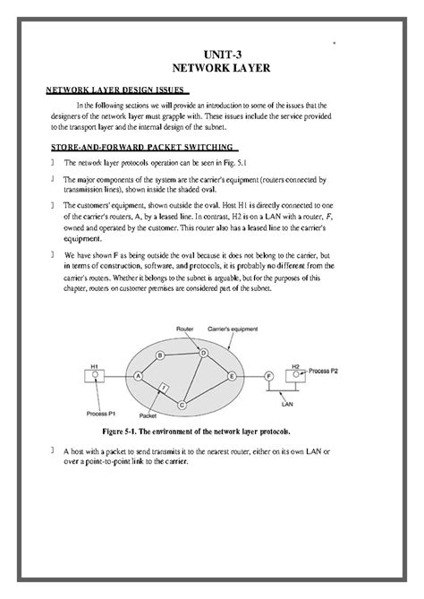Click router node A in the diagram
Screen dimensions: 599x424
[x=139, y=376]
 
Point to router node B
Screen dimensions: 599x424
[x=160, y=355]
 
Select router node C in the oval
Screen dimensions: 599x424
[x=182, y=406]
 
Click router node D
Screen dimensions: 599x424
[x=203, y=353]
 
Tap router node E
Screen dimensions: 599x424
[x=231, y=376]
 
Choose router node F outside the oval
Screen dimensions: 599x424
[x=268, y=376]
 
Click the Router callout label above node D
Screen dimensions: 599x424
[x=186, y=330]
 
